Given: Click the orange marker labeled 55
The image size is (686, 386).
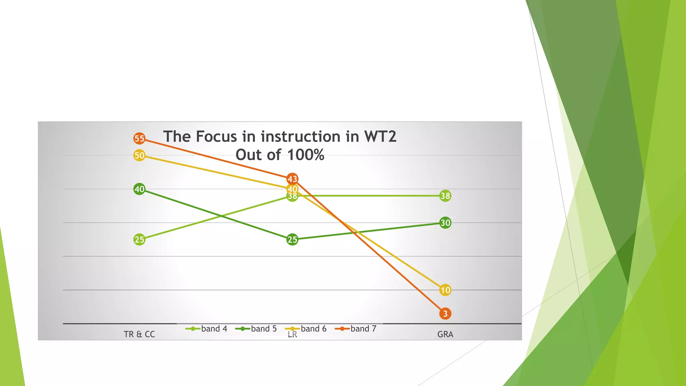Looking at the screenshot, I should click(x=139, y=138).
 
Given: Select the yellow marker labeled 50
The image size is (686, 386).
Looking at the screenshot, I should click(x=139, y=155).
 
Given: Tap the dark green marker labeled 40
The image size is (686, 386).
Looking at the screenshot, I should click(x=139, y=189).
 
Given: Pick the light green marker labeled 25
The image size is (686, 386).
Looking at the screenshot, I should click(x=139, y=240).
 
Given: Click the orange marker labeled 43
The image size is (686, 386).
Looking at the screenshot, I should click(x=292, y=179).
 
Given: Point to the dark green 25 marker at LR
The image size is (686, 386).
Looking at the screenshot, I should click(x=292, y=240).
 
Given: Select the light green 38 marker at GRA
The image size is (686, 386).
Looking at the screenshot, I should click(x=445, y=196).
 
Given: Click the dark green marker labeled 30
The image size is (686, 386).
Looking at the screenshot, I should click(x=445, y=223).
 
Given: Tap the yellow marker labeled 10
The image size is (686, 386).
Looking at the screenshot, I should click(x=445, y=290).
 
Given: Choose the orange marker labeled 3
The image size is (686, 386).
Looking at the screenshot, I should click(x=445, y=314).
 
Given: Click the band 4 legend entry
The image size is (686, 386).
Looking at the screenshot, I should click(x=206, y=329).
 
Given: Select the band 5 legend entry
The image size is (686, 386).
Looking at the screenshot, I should click(x=256, y=329).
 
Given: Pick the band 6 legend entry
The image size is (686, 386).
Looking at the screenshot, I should click(x=306, y=329).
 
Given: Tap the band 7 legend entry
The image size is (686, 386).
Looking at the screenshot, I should click(x=356, y=329).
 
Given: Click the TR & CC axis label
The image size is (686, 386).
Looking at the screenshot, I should click(x=139, y=334).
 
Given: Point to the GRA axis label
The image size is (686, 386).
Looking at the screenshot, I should click(x=445, y=334).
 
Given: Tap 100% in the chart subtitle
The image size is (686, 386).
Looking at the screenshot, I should click(x=305, y=155).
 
